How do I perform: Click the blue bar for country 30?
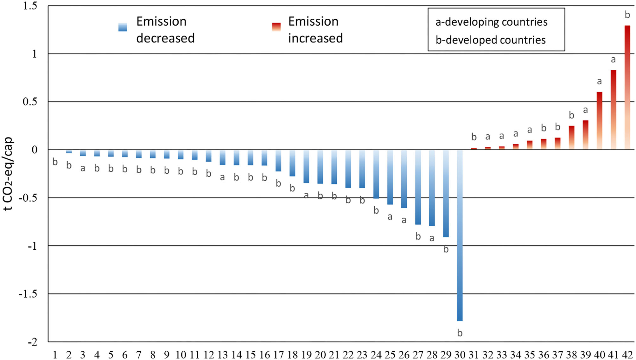click(460, 235)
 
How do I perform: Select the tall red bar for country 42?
click(627, 87)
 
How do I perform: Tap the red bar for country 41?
click(613, 110)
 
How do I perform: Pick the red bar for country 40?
click(599, 121)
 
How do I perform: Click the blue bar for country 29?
click(446, 193)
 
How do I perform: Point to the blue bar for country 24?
click(376, 174)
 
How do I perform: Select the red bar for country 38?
click(571, 138)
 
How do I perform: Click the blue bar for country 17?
click(278, 160)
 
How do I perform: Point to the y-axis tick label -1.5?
click(28, 294)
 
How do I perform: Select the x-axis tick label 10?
click(181, 355)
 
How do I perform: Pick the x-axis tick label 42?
click(627, 355)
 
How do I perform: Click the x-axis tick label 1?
click(55, 355)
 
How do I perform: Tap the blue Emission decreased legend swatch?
click(123, 27)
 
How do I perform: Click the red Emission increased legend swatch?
click(276, 27)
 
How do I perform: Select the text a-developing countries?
click(491, 22)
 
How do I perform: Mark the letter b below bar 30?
click(460, 333)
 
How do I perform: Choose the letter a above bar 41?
click(613, 59)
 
